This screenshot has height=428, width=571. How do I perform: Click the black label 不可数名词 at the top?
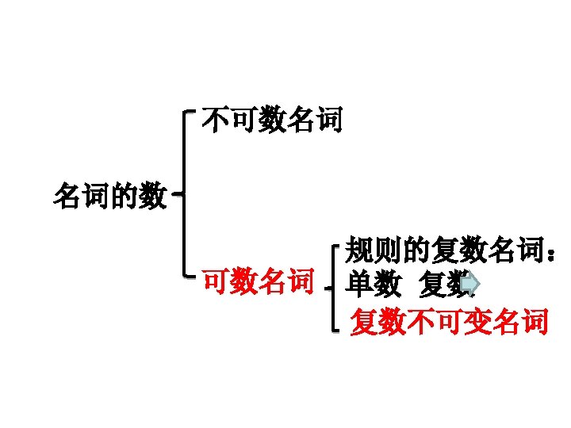272,121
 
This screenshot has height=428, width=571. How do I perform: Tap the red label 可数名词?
259,281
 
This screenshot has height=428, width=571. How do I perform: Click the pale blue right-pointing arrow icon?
470,282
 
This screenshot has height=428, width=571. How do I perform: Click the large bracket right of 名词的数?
185,193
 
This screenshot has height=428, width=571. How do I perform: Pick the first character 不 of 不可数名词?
216,121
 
